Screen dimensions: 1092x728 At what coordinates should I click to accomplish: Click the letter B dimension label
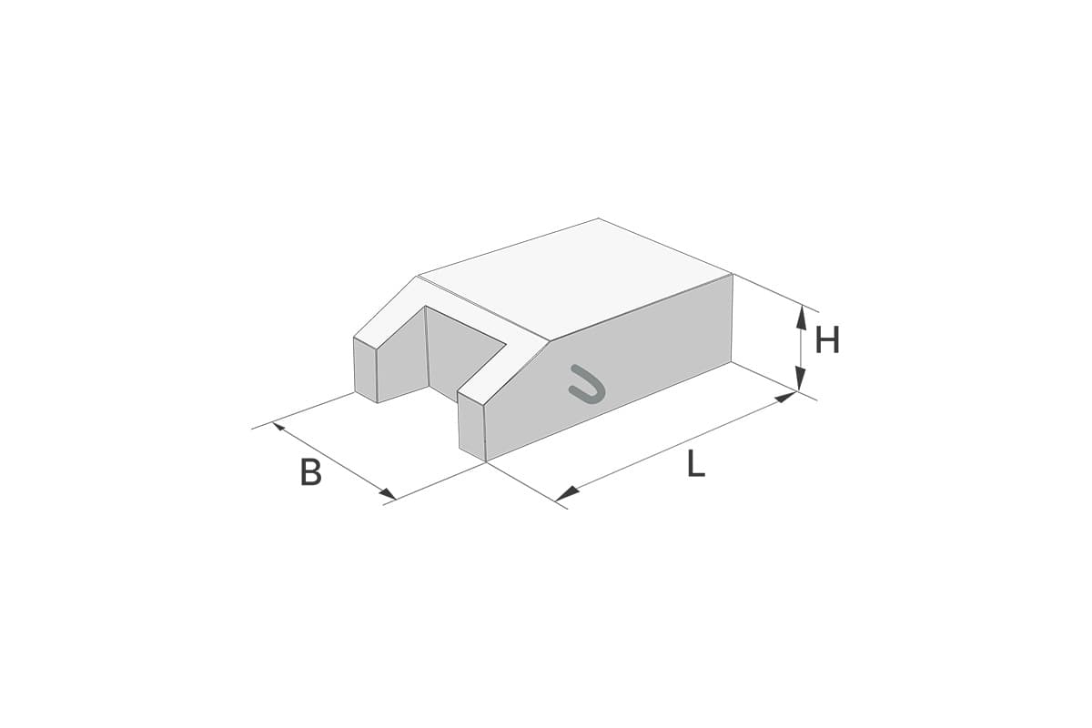(311, 471)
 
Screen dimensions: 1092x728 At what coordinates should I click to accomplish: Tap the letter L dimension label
(695, 464)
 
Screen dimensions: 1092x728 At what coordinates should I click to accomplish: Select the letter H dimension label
(827, 339)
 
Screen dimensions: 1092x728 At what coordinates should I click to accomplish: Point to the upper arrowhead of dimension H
(800, 316)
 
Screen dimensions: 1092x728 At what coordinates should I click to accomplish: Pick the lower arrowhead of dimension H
(800, 379)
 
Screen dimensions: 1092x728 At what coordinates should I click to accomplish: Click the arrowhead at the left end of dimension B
(278, 427)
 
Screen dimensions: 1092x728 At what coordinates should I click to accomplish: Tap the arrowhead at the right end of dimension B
(389, 493)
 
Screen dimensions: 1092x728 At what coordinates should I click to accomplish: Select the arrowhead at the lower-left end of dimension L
(566, 494)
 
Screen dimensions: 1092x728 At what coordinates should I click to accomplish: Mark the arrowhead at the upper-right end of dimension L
(786, 398)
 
